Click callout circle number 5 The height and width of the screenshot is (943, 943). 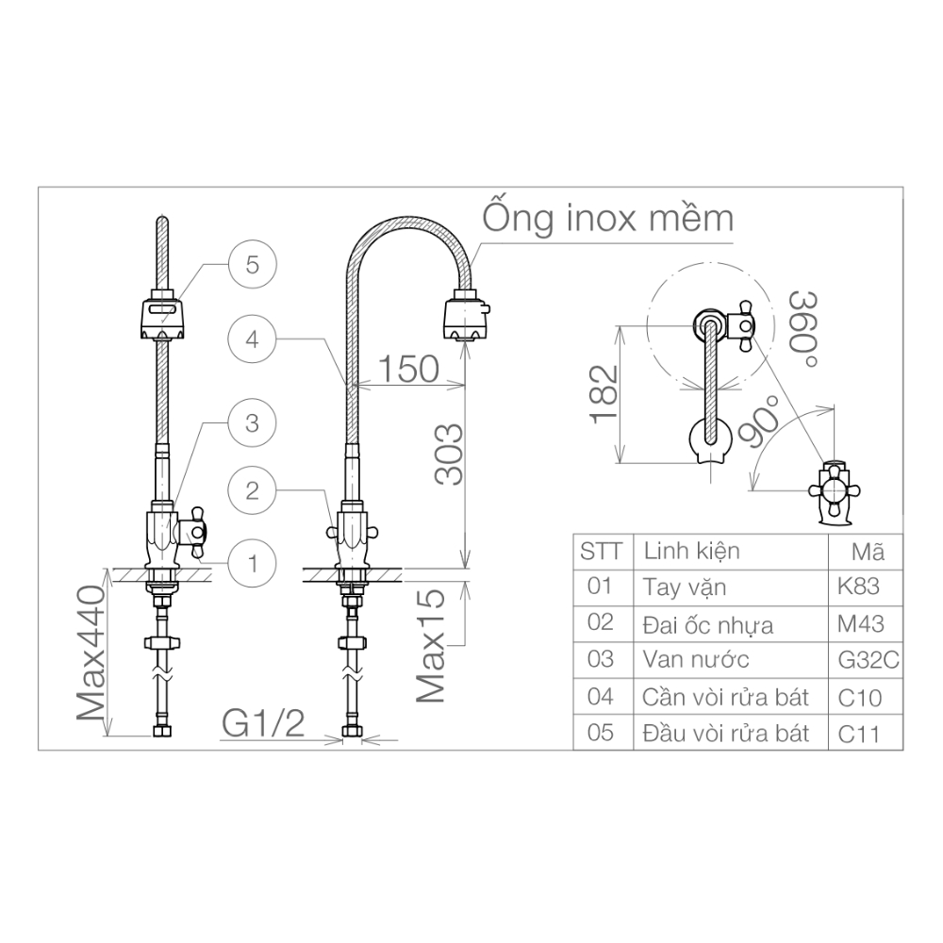252,264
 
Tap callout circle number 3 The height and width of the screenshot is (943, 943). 252,422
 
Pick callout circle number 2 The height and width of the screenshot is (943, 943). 252,489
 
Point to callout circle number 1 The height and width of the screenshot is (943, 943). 252,563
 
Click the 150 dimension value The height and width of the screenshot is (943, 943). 407,369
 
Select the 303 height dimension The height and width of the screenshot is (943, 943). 450,454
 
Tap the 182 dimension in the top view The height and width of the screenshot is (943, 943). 604,392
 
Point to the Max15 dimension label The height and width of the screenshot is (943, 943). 431,647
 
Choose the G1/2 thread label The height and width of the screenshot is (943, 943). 264,724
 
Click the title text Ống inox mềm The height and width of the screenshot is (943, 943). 608,217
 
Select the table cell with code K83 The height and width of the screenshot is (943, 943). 857,587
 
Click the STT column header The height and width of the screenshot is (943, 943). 601,551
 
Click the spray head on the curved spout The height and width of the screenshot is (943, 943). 466,318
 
